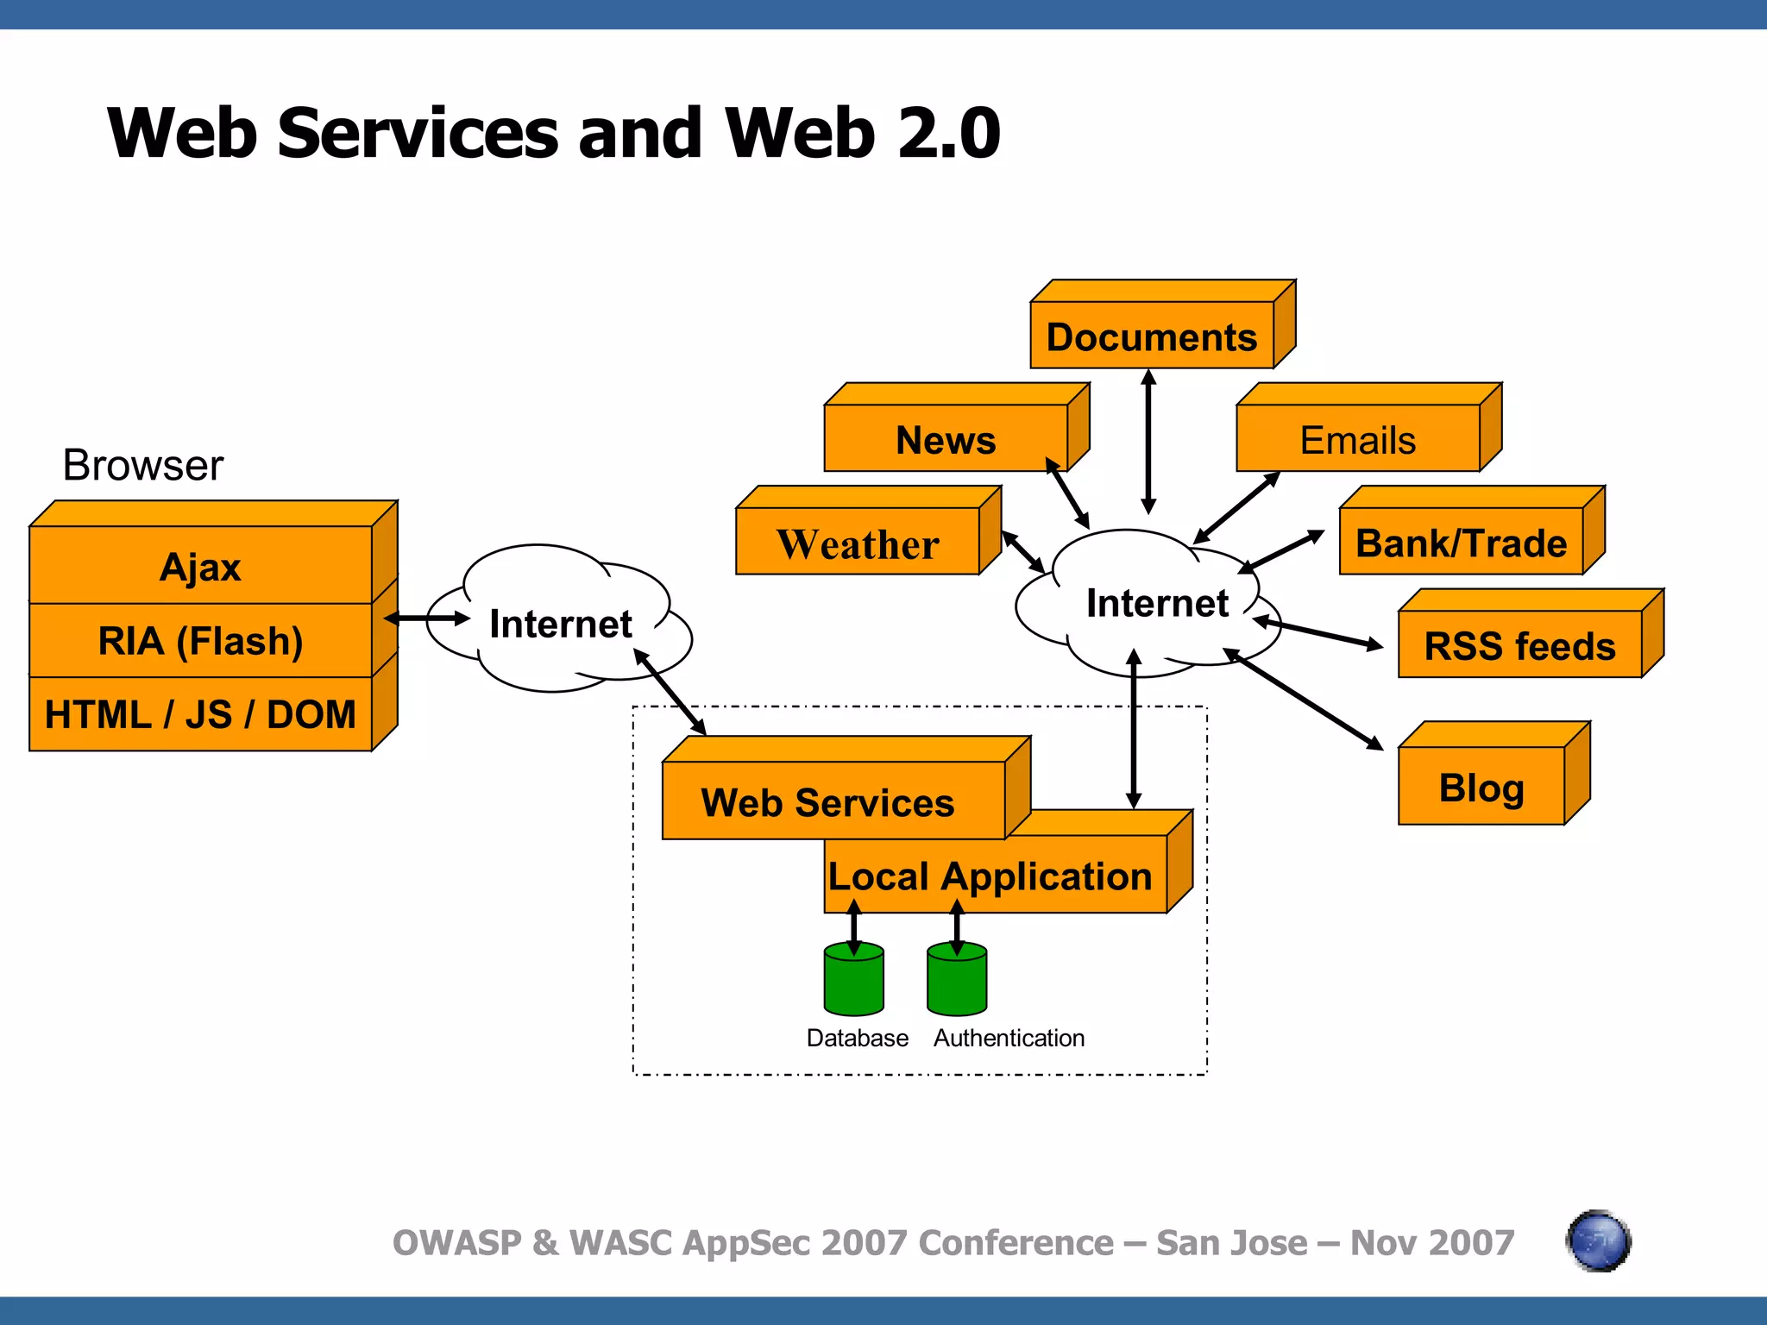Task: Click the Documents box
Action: tap(1151, 336)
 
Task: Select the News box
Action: tap(946, 439)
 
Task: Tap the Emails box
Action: tap(1357, 439)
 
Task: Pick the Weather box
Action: tap(857, 543)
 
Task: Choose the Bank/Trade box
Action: tap(1460, 543)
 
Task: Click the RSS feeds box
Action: tap(1519, 645)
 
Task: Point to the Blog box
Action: tap(1481, 786)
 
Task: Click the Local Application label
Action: tap(990, 876)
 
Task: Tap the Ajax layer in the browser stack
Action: tap(200, 567)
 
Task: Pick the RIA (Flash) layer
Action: tap(200, 640)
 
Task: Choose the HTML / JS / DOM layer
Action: tap(200, 714)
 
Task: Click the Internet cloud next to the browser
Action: tap(560, 623)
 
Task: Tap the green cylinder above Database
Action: tap(853, 980)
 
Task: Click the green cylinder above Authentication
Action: tap(956, 980)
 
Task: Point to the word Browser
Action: tap(143, 465)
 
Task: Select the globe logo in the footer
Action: tap(1597, 1241)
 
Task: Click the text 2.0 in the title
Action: tap(948, 134)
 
